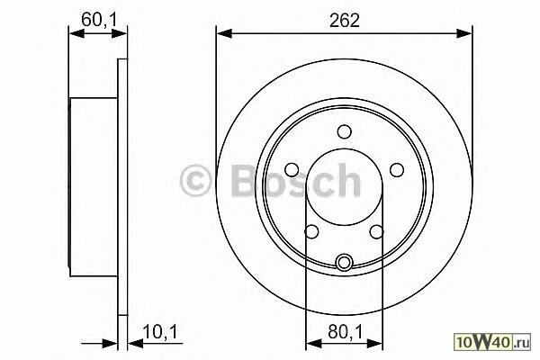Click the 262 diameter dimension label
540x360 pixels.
(x=344, y=21)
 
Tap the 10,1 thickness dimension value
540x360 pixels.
(x=160, y=332)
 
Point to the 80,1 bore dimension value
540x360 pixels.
(x=345, y=332)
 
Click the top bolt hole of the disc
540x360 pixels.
(x=345, y=132)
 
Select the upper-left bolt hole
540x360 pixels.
(x=292, y=169)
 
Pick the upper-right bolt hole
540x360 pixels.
(x=397, y=169)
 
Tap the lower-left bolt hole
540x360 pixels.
(x=312, y=231)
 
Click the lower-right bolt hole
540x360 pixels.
(x=377, y=231)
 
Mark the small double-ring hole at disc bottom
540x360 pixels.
(x=345, y=262)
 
